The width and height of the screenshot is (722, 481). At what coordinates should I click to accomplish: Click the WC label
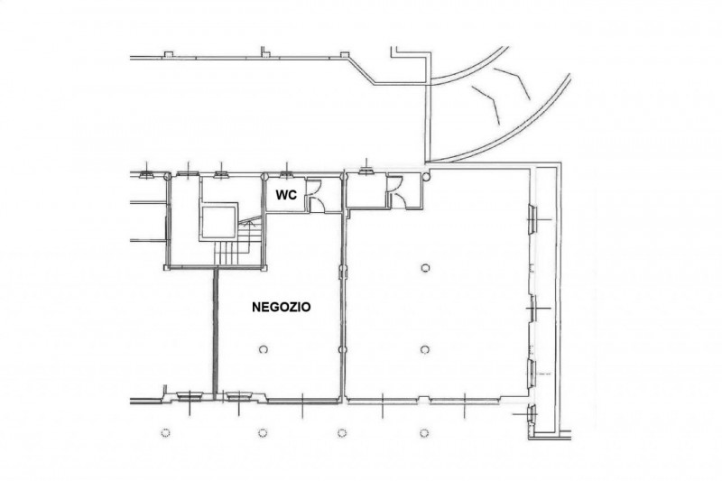coord(285,195)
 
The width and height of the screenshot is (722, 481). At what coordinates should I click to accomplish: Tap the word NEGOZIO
coord(281,307)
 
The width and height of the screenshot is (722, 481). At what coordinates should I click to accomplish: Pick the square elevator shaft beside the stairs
coord(218,222)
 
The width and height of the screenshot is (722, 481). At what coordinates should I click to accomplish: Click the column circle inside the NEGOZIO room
coord(264,349)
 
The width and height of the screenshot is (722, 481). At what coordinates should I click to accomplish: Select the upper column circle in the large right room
coord(425,267)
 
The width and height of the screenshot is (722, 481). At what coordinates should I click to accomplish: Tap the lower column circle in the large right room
coord(425,350)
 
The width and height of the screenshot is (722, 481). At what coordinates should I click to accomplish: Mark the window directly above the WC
coord(286,174)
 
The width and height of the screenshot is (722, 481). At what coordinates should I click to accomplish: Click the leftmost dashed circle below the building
coord(166,432)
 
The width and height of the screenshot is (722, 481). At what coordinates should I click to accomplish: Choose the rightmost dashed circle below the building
coord(424,432)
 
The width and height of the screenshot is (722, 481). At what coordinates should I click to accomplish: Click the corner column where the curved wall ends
coord(426,175)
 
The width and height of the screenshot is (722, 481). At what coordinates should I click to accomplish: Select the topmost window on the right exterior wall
coord(532,219)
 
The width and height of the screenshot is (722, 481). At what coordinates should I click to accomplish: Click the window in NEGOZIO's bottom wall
coord(238,395)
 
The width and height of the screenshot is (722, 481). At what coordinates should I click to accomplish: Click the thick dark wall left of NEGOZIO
coord(215,331)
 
